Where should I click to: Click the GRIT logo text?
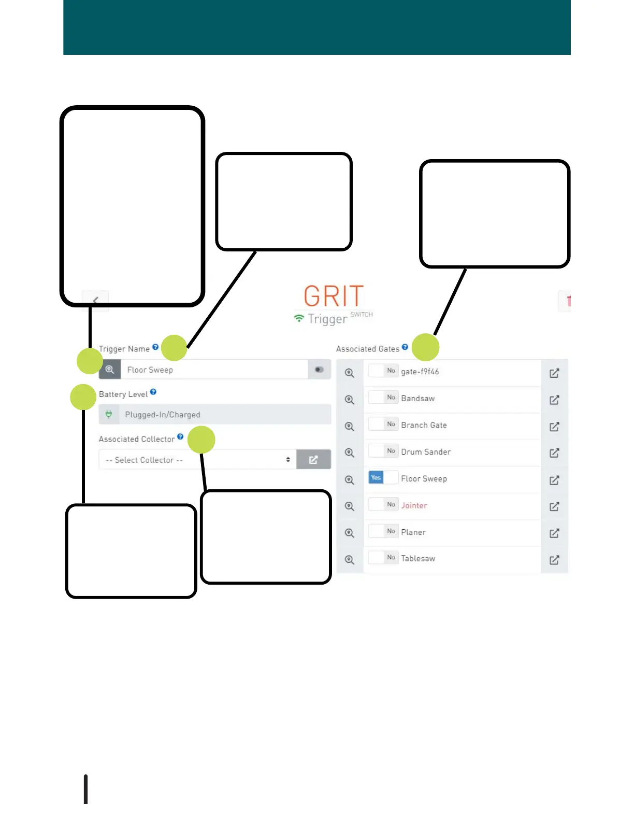tap(334, 296)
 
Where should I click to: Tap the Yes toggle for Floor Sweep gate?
tap(377, 478)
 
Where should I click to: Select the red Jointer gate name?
tap(414, 505)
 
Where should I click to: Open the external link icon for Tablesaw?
tap(554, 560)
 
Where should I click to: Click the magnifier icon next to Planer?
tap(350, 533)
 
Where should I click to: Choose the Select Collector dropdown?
tap(197, 460)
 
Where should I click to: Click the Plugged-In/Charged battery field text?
tap(162, 415)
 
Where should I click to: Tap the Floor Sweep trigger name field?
tap(214, 370)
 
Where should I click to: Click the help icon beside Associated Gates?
tap(405, 347)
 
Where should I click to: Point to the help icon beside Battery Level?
tap(153, 392)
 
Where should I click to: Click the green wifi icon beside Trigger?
tap(299, 318)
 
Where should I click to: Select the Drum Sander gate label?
tap(426, 452)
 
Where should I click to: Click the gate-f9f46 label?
tap(420, 372)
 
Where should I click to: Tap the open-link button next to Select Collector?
tap(313, 460)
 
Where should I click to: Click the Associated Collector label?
tap(137, 439)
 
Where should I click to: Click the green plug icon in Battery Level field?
tap(109, 414)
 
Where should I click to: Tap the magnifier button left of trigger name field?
tap(110, 370)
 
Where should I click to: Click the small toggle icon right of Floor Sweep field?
tap(319, 370)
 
